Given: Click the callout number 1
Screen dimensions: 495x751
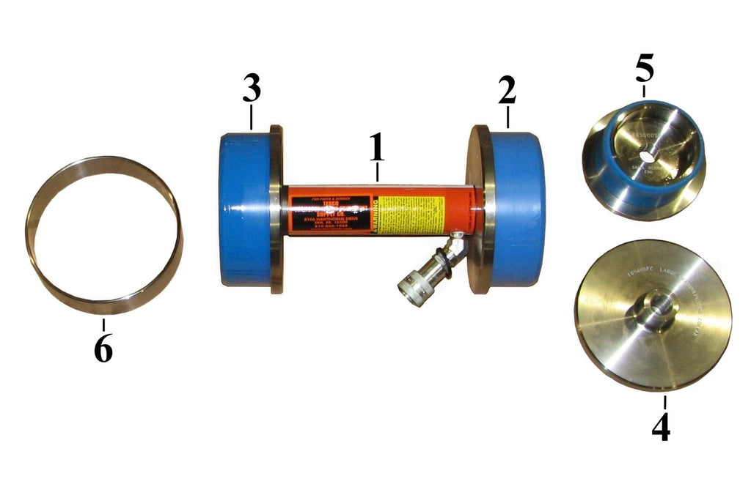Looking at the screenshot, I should coord(376,149).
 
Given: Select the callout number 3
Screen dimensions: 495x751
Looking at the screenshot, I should coord(252,89).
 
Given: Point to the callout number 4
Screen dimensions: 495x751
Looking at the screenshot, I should coord(661,427).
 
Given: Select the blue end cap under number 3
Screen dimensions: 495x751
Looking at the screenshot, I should coord(245,211).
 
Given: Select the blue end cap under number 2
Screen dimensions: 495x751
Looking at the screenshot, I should coord(517,209).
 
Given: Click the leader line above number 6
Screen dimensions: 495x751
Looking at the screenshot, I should coord(103,325).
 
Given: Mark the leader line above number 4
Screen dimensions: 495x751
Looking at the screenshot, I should coord(664,402).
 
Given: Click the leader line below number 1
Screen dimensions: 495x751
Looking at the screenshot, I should coord(377,173).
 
